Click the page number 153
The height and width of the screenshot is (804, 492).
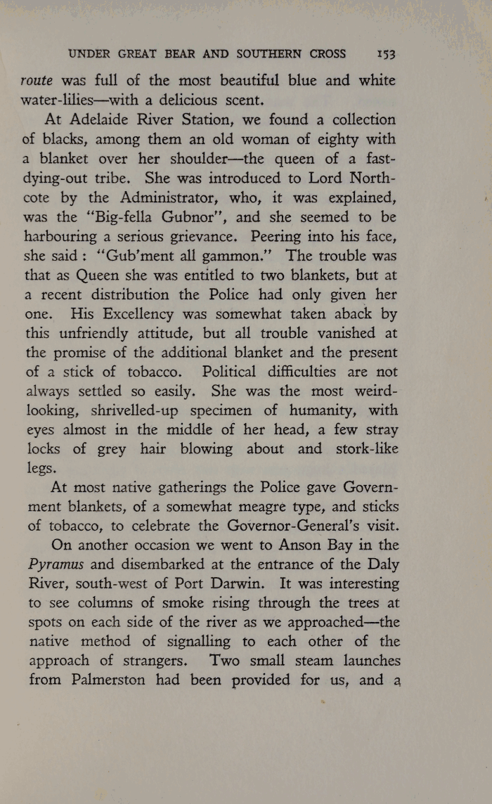(x=386, y=54)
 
